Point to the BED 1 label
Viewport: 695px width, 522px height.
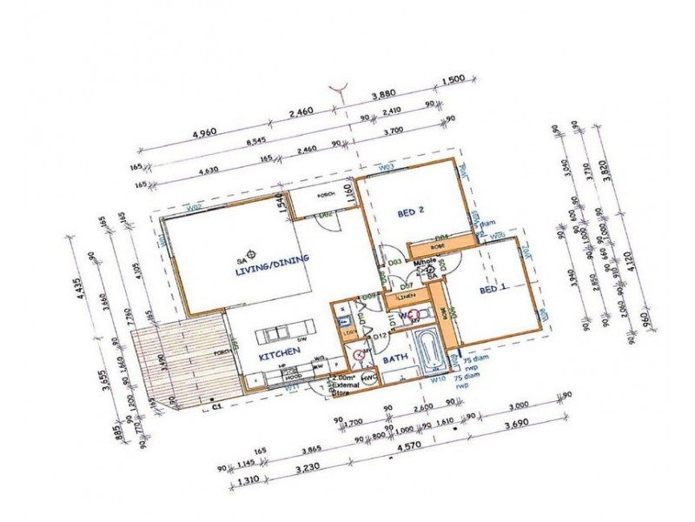(x=493, y=291)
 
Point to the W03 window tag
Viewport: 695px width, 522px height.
(x=387, y=166)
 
